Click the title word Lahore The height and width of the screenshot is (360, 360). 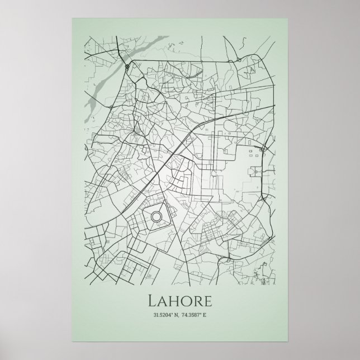pyautogui.click(x=179, y=301)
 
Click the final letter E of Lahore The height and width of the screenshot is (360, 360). pyautogui.click(x=207, y=302)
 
